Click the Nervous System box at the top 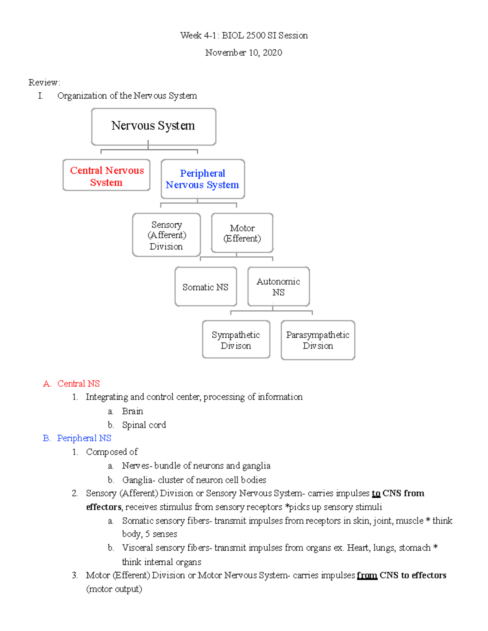coord(153,126)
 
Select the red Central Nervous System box coord(107,176)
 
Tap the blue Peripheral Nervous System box coord(203,179)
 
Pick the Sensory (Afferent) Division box coord(166,235)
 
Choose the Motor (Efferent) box coord(242,233)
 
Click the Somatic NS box coord(205,287)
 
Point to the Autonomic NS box coord(279,286)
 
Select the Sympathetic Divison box coord(236,340)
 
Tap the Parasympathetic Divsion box coord(318,340)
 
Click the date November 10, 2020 coord(244,52)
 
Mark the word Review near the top coord(44,82)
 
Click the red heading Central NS coord(78,384)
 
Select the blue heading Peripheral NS coord(84,438)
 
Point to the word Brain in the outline coord(133,411)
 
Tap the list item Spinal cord coord(144,425)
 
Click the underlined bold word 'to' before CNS coord(376,493)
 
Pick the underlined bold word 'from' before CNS coord(367,575)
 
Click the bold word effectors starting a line coord(104,507)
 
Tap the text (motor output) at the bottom coord(114,589)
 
